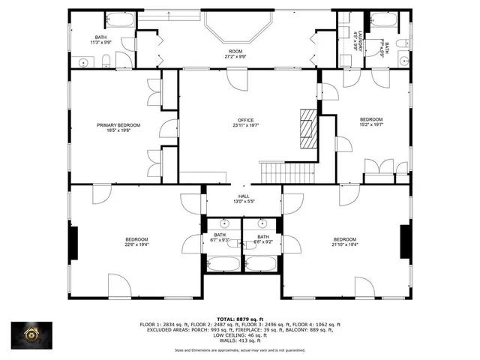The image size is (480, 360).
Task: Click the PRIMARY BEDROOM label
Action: click(x=118, y=125)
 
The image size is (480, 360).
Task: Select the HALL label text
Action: click(x=243, y=196)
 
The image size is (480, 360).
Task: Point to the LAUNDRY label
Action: click(x=361, y=40)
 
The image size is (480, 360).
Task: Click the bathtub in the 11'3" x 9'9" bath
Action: click(x=119, y=20)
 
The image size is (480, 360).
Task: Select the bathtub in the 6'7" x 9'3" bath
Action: click(x=223, y=263)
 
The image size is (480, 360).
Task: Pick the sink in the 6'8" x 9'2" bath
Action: click(x=262, y=223)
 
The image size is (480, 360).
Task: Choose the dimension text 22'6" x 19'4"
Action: click(x=136, y=244)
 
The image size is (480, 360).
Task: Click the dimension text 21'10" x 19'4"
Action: click(x=344, y=244)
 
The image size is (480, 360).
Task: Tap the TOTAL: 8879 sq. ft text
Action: click(x=240, y=319)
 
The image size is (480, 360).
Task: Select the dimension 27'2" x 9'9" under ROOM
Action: click(x=235, y=57)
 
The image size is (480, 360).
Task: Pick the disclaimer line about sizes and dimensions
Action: click(x=239, y=349)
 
